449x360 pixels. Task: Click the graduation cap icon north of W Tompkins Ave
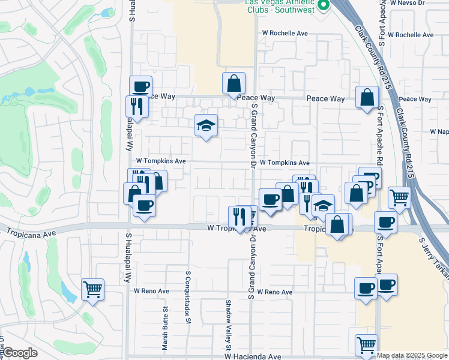click(206, 125)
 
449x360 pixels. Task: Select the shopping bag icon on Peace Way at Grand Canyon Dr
click(234, 83)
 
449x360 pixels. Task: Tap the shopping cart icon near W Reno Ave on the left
click(93, 289)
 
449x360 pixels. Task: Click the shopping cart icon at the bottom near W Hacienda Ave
click(366, 345)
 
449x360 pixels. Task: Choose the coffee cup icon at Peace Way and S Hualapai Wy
click(140, 86)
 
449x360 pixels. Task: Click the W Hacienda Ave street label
click(253, 356)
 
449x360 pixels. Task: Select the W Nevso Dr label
click(407, 3)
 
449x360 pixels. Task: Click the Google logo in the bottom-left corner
click(19, 353)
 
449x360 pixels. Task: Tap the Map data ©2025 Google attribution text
click(412, 355)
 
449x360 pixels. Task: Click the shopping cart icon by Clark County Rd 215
click(399, 197)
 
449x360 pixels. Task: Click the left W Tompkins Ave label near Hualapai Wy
click(161, 161)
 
